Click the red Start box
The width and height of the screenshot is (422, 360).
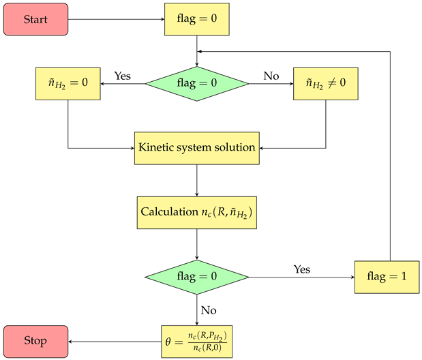pos(35,18)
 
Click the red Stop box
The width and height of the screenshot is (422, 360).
pos(35,341)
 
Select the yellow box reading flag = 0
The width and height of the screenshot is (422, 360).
pos(196,18)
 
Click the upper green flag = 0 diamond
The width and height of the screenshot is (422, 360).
pos(196,84)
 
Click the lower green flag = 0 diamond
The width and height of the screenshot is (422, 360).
pos(196,277)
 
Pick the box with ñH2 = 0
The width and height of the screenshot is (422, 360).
pos(67,84)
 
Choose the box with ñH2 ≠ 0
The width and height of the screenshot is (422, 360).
pos(325,84)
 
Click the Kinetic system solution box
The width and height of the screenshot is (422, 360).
pos(196,147)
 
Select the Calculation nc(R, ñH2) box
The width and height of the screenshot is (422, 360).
pos(196,212)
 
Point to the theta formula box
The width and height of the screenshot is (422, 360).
pos(196,341)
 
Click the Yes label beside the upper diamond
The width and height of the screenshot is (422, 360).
pos(123,76)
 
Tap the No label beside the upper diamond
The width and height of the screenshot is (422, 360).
pos(271,76)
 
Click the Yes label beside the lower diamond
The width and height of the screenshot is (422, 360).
pos(301,269)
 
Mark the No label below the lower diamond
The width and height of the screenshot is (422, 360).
pos(209,310)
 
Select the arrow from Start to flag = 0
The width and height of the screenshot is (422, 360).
pos(116,18)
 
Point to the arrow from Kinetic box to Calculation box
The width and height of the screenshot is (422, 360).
pos(196,180)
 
